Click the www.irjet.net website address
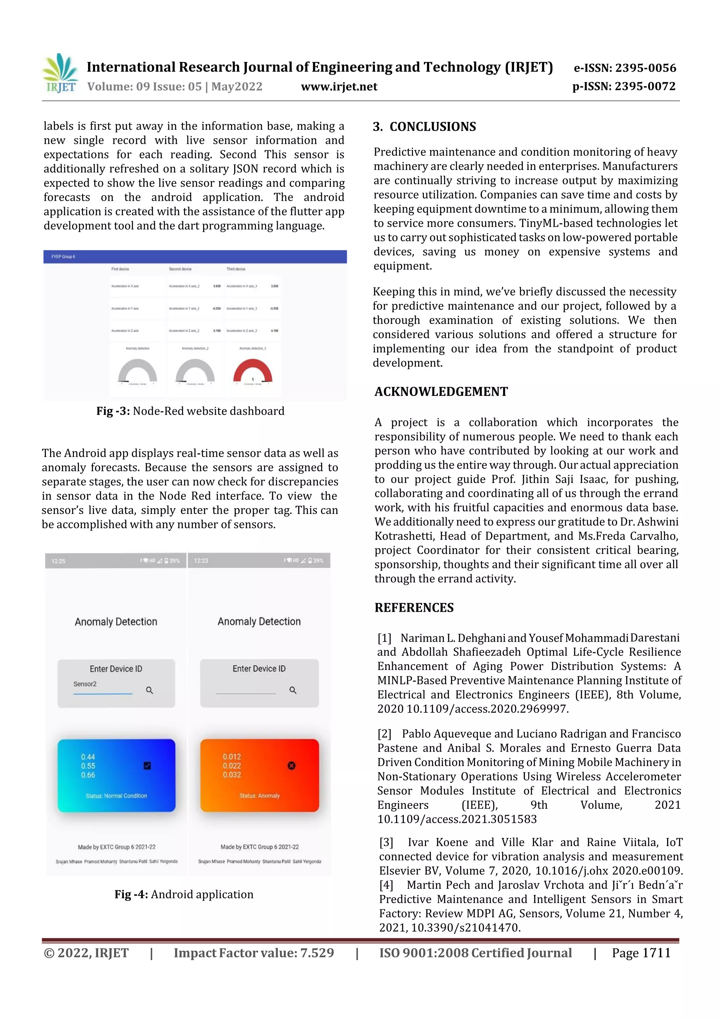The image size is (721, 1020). [339, 87]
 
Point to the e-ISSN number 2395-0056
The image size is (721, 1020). [625, 68]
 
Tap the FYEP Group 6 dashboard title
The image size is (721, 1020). [63, 257]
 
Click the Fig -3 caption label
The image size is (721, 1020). [113, 411]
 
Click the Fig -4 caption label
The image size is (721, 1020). [131, 894]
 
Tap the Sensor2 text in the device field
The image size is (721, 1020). [85, 684]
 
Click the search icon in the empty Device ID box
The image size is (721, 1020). [293, 690]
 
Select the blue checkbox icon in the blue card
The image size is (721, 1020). [148, 765]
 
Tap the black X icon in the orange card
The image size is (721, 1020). [291, 765]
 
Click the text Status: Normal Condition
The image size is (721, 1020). [116, 796]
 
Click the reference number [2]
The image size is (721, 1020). [384, 734]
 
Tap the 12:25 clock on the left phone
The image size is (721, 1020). [58, 561]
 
